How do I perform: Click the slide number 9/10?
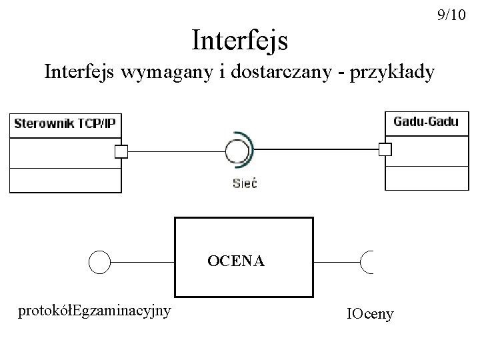[451, 15]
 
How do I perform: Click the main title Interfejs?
[239, 41]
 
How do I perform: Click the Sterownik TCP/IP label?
[64, 123]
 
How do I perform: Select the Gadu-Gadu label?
[425, 121]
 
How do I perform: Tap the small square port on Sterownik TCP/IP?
[121, 152]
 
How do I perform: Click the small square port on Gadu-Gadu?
[385, 149]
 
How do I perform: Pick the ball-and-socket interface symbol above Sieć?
[237, 151]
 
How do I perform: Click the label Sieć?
[244, 183]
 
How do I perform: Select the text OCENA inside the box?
[235, 261]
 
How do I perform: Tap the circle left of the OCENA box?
[99, 262]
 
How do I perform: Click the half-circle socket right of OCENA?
[367, 262]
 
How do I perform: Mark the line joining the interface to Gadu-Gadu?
[316, 149]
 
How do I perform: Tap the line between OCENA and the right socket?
[336, 262]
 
